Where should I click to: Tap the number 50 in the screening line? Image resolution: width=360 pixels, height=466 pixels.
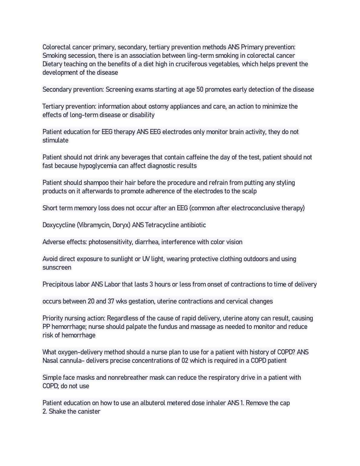tap(200, 90)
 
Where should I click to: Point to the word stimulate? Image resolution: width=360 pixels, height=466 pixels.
tap(55, 140)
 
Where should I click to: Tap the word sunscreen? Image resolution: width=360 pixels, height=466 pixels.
tap(57, 267)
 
